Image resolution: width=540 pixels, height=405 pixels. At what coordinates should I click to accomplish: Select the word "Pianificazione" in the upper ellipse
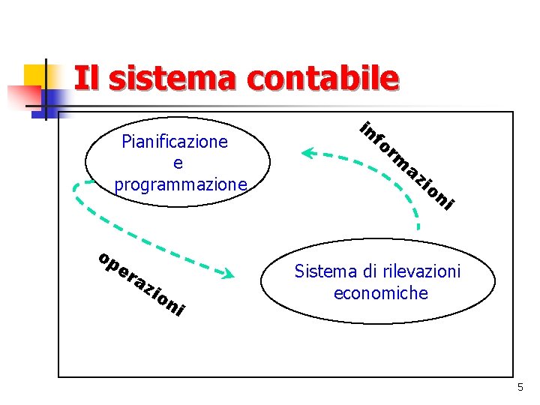175,142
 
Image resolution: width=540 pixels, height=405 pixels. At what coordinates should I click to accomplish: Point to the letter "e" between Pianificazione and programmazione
177,163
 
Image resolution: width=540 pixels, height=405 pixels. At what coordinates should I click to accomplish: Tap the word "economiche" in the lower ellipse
381,292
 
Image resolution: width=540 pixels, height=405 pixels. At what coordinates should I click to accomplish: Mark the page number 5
520,387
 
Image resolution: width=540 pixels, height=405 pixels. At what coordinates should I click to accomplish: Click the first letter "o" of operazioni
104,259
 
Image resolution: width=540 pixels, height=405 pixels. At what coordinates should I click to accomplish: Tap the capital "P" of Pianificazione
126,142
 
